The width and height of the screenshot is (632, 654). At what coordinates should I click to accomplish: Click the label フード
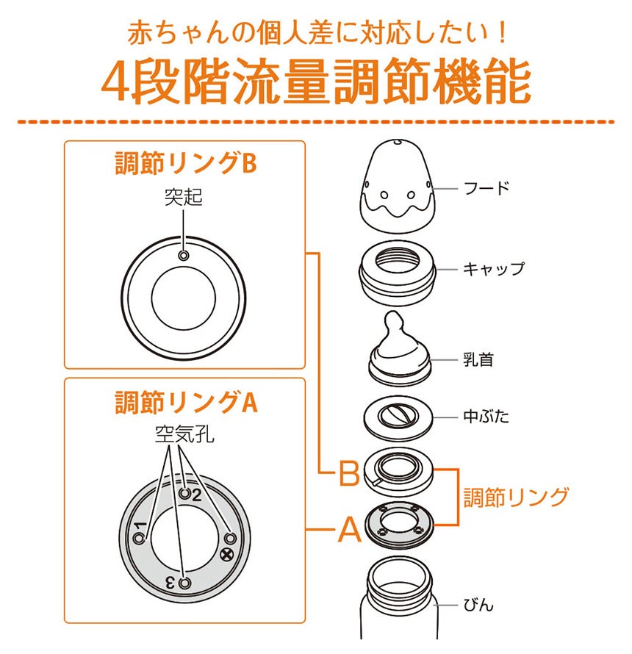coord(486,188)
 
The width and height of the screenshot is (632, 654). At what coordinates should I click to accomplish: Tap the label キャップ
coord(494,269)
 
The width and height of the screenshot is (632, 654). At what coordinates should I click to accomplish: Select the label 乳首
coord(478,359)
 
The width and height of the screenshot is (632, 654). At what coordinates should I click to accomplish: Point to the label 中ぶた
coord(486,416)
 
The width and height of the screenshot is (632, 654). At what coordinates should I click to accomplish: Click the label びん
coord(478,604)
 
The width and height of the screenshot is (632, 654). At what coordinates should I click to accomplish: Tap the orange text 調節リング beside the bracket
coord(516,497)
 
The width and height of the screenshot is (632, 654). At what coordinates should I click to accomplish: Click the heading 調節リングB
coord(186,163)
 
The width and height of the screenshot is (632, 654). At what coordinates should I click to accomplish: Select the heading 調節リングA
coord(186,402)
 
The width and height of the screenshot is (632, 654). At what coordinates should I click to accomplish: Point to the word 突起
coord(184,197)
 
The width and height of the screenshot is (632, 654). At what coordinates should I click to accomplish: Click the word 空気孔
coord(184,434)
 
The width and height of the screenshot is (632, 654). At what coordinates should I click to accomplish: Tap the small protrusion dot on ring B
coord(184,255)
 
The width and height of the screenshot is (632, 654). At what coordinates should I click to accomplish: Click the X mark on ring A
coord(226,555)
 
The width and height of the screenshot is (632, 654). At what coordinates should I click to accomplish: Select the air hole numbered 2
coord(184,493)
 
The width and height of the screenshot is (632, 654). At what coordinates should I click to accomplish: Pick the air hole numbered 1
coord(140,538)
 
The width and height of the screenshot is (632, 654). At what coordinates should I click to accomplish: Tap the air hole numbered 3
coord(184,583)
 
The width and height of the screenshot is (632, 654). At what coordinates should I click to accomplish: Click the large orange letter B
coord(349,472)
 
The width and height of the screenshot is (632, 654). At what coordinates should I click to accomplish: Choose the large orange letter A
coord(350,529)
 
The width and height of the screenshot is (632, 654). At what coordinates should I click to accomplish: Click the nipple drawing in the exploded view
coord(399,348)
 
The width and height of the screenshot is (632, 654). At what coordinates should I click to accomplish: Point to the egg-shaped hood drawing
coord(397,184)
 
